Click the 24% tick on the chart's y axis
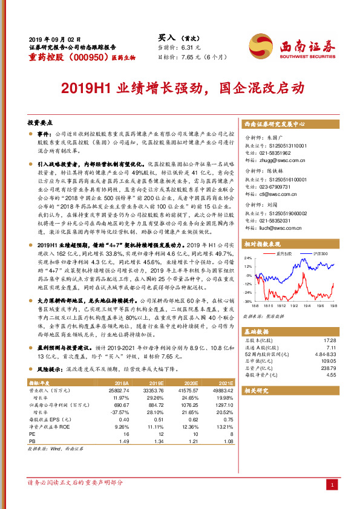(247, 258)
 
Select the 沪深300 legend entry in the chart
(319, 254)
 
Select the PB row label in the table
(33, 442)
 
